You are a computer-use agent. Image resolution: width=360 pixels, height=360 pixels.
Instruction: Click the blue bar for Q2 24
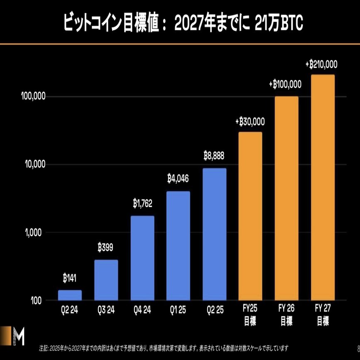70,295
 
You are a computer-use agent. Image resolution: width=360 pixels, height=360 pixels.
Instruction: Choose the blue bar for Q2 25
214,233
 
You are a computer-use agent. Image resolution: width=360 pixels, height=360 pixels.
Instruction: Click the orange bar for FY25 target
250,216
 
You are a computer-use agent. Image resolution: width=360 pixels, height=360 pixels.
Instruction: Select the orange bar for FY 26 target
286,198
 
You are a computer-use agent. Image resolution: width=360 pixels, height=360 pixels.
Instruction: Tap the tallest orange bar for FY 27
323,187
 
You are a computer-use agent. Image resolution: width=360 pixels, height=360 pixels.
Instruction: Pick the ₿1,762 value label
142,204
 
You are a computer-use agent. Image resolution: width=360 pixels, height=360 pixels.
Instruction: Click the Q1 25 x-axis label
178,310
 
